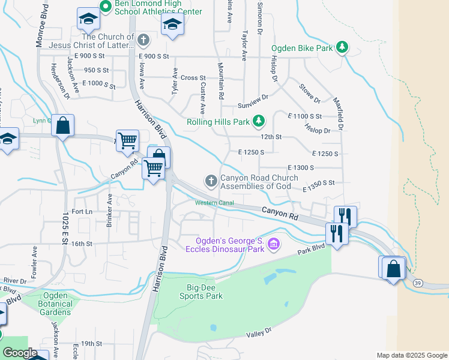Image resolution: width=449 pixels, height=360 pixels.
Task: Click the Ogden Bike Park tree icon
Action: [342, 47]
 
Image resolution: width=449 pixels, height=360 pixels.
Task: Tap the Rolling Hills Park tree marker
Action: [259, 121]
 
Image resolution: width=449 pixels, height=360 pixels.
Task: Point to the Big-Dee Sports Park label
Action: [201, 292]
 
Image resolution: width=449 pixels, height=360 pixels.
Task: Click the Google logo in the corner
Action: [20, 353]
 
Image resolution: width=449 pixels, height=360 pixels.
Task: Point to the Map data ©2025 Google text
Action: [411, 355]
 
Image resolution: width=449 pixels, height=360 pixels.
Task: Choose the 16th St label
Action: [82, 244]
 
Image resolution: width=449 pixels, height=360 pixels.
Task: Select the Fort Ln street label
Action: [82, 212]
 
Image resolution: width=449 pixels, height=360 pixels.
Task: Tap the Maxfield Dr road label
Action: [339, 115]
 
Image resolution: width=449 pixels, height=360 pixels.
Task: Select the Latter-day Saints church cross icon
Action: [143, 40]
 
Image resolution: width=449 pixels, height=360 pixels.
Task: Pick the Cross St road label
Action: [193, 78]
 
